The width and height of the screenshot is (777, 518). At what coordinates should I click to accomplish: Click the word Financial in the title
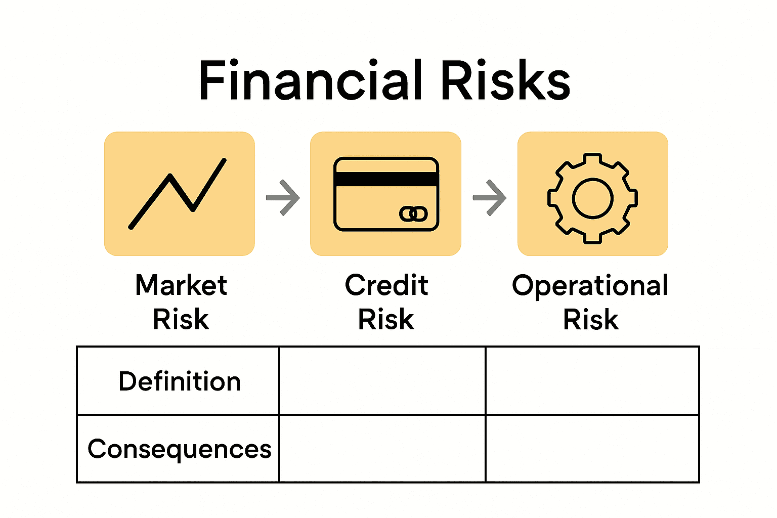pos(310,81)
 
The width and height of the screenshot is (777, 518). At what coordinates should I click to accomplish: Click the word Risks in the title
pos(505,81)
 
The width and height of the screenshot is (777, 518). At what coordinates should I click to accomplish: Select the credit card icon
pos(386,194)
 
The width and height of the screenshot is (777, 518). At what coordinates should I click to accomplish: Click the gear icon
pos(592,198)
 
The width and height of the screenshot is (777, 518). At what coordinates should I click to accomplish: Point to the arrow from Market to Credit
pos(283,197)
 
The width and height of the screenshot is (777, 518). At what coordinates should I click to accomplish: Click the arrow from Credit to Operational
pos(490,197)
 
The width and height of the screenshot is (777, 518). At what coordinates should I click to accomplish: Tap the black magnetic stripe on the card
pos(386,179)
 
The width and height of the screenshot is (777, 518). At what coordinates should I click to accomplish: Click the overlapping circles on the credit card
pos(413,214)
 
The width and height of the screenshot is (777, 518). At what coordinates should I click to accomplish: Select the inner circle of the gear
pos(592,198)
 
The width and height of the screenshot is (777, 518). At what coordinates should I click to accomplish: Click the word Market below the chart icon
pos(181,285)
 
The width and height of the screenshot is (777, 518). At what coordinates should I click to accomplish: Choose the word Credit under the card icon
pos(386,285)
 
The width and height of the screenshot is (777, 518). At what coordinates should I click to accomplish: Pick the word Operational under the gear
pos(590,286)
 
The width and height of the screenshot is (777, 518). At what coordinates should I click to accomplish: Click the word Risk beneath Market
pos(181,320)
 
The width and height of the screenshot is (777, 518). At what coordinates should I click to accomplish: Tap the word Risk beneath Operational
pos(591,320)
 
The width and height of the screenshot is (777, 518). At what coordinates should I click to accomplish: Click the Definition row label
pos(179,381)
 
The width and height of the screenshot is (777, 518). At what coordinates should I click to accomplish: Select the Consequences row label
pos(179,449)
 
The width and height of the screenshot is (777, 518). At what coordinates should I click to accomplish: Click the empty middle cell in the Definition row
pos(382,381)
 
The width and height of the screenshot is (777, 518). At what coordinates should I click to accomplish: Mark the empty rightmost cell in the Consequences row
pos(592,449)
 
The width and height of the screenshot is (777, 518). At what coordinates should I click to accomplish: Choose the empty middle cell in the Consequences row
pos(382,449)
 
